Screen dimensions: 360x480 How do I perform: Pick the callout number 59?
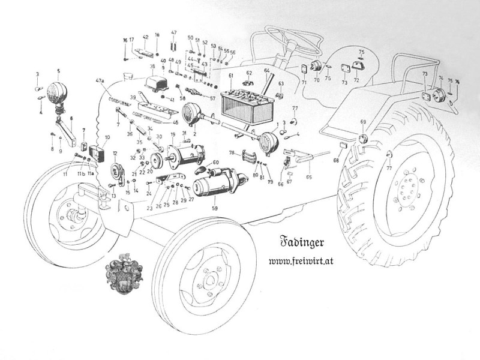pos(215,208)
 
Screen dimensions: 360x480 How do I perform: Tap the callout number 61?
pos(230,76)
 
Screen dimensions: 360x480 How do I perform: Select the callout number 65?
pos(308,177)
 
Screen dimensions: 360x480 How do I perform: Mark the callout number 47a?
pos(100,80)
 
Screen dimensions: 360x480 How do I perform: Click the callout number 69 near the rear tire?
pos(363,122)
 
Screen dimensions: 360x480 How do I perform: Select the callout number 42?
pos(145,37)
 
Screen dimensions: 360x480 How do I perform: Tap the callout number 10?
pos(107,138)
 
